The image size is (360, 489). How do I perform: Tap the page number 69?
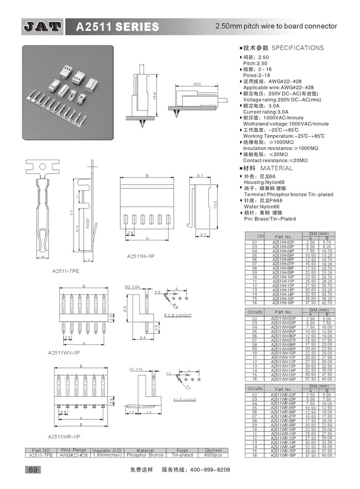(31, 469)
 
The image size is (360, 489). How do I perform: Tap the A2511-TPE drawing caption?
(65, 270)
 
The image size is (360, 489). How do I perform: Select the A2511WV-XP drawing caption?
(63, 353)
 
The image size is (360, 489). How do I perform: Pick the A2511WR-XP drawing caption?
(63, 436)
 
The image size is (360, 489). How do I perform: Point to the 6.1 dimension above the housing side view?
(200, 176)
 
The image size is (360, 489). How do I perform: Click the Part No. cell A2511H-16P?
(283, 303)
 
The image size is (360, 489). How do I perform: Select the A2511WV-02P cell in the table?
(283, 319)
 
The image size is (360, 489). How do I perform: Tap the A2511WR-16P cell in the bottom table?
(283, 455)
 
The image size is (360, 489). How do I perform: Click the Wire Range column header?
(73, 450)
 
